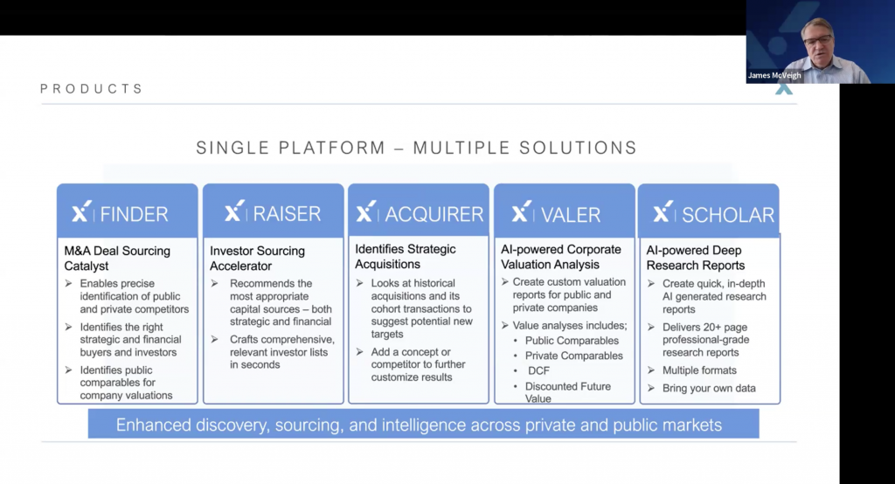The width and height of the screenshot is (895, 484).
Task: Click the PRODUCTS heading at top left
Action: point(91,89)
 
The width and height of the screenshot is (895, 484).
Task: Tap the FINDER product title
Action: point(134,214)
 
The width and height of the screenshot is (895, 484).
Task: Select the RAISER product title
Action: point(287,213)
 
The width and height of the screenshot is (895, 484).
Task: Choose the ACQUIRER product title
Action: point(434,214)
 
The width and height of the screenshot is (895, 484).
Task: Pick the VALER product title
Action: point(571,215)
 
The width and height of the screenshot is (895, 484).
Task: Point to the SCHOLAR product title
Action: point(728,215)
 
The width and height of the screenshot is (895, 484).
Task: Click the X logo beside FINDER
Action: point(81,211)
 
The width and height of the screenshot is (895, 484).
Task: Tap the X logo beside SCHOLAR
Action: point(663,211)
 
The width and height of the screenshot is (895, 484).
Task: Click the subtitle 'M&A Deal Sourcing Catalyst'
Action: point(117,258)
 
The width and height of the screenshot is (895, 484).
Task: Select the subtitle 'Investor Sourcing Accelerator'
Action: point(258,258)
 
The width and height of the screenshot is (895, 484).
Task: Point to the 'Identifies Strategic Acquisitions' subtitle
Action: point(406,256)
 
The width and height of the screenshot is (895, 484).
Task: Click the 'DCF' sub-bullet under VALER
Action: point(538,370)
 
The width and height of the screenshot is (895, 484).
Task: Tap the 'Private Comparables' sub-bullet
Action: point(573,356)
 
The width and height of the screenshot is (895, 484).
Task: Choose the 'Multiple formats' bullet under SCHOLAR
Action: point(699,370)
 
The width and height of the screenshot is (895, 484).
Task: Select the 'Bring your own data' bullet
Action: point(709,388)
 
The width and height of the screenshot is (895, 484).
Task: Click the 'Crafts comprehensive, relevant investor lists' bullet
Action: point(282,352)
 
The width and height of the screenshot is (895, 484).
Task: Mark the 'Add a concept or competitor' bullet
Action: point(419,364)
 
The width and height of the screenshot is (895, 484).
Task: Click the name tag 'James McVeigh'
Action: point(774,75)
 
